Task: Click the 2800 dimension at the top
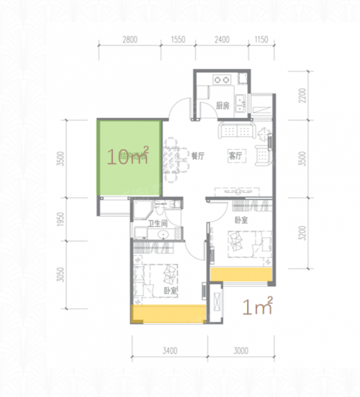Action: (x=130, y=40)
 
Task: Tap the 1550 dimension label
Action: (x=178, y=40)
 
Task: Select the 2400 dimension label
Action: (x=222, y=40)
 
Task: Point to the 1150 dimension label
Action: (x=261, y=40)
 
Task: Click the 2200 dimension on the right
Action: (x=302, y=95)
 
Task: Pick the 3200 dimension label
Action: (x=302, y=233)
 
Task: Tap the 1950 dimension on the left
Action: (x=61, y=219)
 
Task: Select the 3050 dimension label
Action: (x=61, y=275)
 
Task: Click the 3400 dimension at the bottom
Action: (x=169, y=351)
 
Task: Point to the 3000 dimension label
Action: (x=241, y=351)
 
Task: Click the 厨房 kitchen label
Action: (x=223, y=105)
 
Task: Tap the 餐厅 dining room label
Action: (x=198, y=156)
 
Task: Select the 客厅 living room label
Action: (x=235, y=156)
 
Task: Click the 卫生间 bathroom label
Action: (x=158, y=223)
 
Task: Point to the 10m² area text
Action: (x=127, y=156)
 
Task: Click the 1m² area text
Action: (x=257, y=306)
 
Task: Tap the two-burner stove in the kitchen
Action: (x=222, y=80)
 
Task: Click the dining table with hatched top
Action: (x=171, y=160)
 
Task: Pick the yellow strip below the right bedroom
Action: (x=241, y=274)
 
